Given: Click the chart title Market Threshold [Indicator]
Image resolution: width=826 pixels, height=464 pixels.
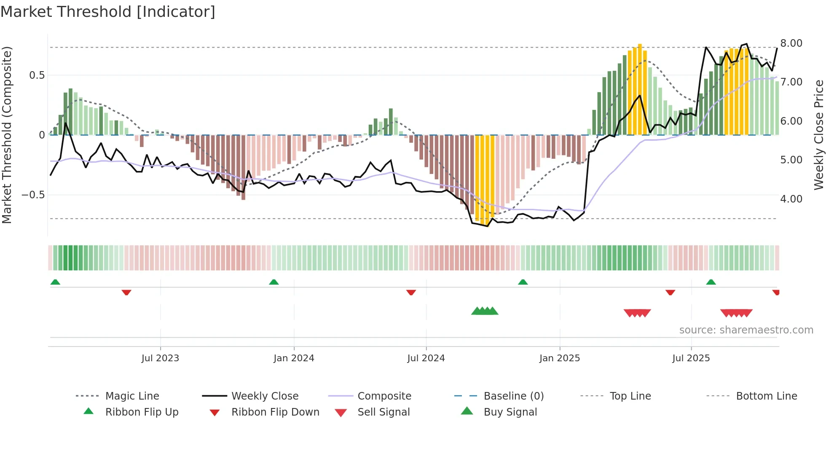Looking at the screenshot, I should pyautogui.click(x=108, y=12).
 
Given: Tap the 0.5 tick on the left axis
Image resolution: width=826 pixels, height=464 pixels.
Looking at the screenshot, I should pyautogui.click(x=37, y=75).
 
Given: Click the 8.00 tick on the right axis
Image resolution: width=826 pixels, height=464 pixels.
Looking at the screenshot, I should pyautogui.click(x=791, y=43).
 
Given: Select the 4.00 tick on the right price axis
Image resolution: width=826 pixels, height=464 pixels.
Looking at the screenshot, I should pyautogui.click(x=791, y=199).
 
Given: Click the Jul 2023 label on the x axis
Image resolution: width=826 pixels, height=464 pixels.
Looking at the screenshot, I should pyautogui.click(x=160, y=358).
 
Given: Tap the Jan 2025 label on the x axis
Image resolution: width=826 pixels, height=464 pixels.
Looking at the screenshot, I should pyautogui.click(x=559, y=358).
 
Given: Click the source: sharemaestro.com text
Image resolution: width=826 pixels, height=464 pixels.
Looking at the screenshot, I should pyautogui.click(x=746, y=330).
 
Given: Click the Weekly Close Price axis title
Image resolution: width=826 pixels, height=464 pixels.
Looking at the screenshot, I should pyautogui.click(x=818, y=135).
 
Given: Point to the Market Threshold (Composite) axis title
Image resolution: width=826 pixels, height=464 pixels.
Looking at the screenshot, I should pyautogui.click(x=7, y=135).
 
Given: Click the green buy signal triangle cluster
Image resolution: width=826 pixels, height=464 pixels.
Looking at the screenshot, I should pyautogui.click(x=485, y=311).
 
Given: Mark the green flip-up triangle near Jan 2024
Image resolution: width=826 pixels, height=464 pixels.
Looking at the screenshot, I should pyautogui.click(x=274, y=282).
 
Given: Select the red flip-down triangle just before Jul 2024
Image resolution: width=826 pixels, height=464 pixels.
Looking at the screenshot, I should pyautogui.click(x=411, y=292).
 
